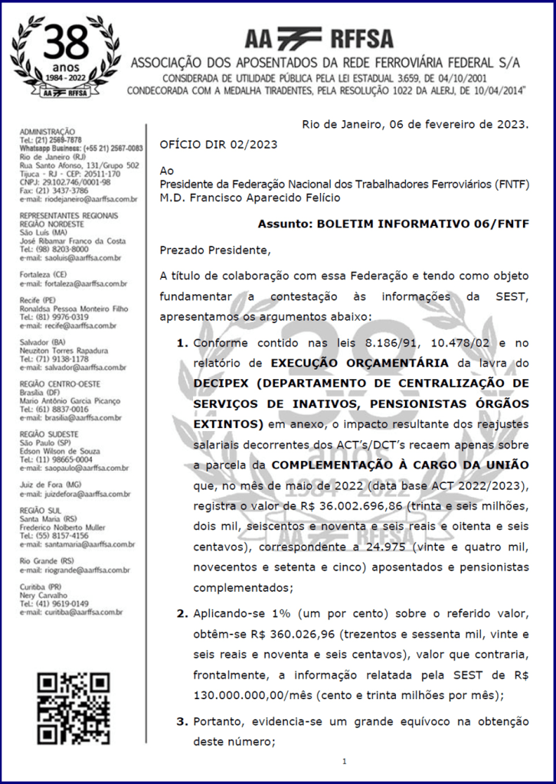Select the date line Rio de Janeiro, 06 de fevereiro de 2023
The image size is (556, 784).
(x=415, y=123)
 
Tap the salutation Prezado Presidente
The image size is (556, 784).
(x=215, y=250)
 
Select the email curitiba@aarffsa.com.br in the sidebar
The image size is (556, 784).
(x=74, y=612)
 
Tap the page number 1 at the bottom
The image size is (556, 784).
(x=345, y=761)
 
